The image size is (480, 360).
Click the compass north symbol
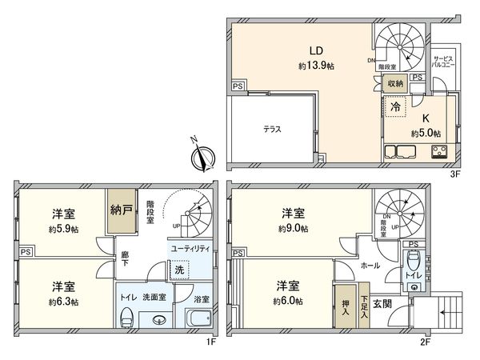coord(205,155)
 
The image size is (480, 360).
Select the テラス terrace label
coord(272,128)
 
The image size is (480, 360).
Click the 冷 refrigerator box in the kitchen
coord(396,105)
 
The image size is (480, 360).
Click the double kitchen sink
coord(401,151)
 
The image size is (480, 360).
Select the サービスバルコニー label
coord(445,63)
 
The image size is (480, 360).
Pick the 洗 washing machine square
coord(182,270)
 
